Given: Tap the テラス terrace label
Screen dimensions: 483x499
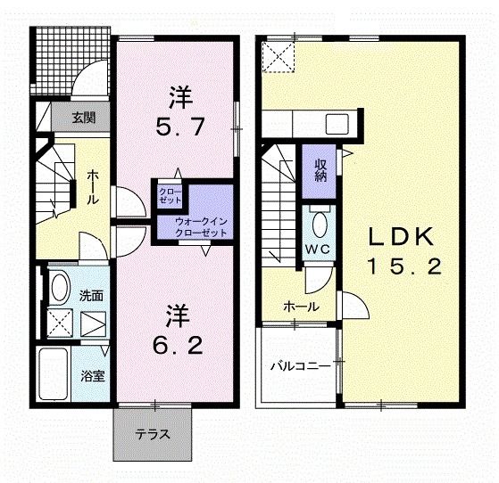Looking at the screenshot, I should click(153, 436).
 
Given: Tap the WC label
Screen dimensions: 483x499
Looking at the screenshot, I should click(320, 249).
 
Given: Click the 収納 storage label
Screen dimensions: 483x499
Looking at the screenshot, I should click(320, 169).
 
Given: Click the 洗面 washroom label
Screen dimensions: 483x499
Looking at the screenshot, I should click(91, 295).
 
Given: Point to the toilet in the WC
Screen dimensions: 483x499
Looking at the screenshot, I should click(320, 221).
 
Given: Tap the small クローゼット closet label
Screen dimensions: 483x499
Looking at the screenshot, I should click(170, 196).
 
